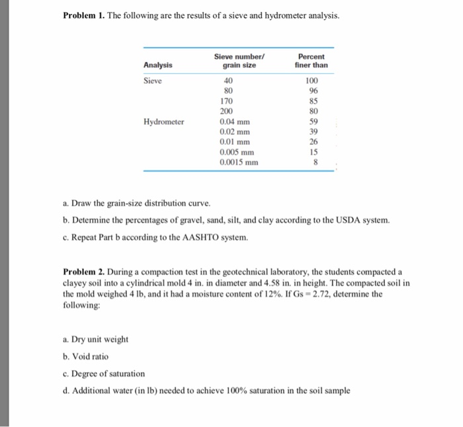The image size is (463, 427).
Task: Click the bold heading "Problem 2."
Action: coord(86,272)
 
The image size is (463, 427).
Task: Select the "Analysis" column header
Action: coord(158,65)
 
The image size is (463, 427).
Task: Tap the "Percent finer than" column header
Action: coord(312,61)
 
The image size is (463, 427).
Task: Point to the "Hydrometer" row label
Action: coord(164,122)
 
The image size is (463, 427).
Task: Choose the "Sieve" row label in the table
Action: coord(153,81)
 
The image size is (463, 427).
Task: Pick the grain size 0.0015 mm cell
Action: coord(239,162)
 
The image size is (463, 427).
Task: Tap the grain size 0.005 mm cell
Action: coord(237,152)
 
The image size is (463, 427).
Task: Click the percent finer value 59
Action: coord(314,122)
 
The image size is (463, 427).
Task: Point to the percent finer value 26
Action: coord(314,142)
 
